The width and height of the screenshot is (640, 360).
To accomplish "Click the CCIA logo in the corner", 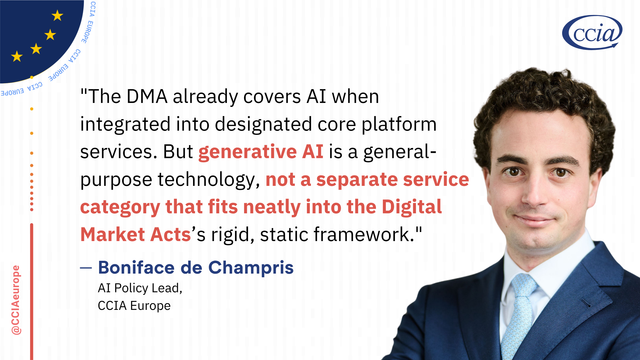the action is point(592,32).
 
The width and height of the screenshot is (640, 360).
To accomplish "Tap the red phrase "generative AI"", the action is point(261,152).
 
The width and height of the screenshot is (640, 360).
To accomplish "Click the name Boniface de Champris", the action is point(196,268).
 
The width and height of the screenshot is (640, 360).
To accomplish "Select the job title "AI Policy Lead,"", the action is point(140,288).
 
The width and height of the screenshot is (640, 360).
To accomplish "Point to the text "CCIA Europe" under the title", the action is point(134,306).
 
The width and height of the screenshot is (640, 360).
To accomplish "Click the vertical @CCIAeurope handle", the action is point(16,300).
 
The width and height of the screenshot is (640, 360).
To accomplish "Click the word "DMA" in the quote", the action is point(147,97).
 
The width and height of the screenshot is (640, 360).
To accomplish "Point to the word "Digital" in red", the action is point(412,207).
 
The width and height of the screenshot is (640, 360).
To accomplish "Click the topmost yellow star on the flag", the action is point(58,16).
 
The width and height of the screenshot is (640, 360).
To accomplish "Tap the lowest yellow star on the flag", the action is point(17,56).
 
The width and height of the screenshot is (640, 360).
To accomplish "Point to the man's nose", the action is point(535,192).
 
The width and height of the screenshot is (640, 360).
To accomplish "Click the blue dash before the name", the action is point(86,268).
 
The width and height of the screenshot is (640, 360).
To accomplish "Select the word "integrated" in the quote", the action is point(125,124).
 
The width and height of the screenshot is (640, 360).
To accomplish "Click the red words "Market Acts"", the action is point(135,235).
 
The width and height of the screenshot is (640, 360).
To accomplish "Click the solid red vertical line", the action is point(31,291).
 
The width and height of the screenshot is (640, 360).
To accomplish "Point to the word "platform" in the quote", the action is point(399,124).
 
